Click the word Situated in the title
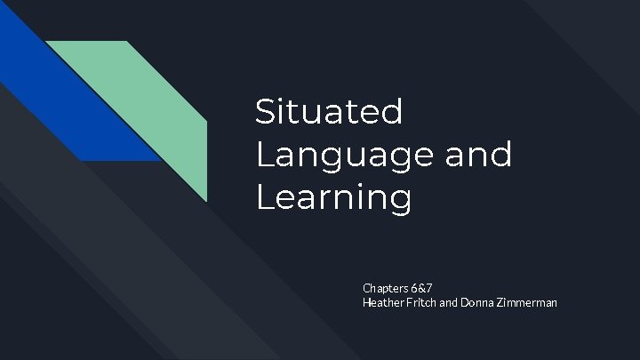pyautogui.click(x=329, y=112)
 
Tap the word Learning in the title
pyautogui.click(x=334, y=197)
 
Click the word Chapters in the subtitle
pyautogui.click(x=384, y=289)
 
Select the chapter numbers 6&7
pyautogui.click(x=421, y=289)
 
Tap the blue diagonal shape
pyautogui.click(x=71, y=98)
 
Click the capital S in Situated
pyautogui.click(x=264, y=112)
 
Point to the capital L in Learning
pyautogui.click(x=262, y=197)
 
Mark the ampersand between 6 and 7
pyautogui.click(x=421, y=289)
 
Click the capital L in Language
pyautogui.click(x=262, y=155)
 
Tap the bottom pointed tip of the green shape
pyautogui.click(x=206, y=200)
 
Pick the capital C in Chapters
pyautogui.click(x=366, y=289)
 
